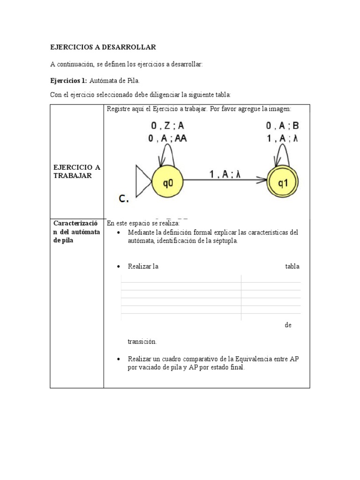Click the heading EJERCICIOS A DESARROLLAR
pos(103,47)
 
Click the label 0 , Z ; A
pos(168,126)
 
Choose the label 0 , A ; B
pos(283,126)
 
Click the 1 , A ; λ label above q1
pos(283,138)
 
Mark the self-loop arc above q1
pos(283,153)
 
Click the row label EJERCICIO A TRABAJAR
pos(76,171)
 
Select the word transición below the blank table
pos(142,341)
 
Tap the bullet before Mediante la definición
pos(118,233)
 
